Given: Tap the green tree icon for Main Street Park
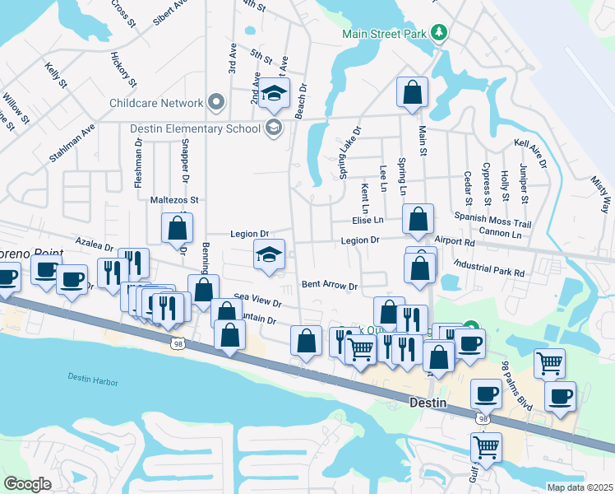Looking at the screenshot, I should click(441, 32).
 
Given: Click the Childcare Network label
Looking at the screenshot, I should click(156, 103).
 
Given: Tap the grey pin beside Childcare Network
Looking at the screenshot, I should click(216, 102).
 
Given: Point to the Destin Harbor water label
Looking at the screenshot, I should click(93, 382).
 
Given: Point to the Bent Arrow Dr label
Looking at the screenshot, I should click(330, 286).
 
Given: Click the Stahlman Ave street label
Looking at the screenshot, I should click(72, 143).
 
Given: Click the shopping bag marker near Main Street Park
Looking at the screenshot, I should click(412, 93).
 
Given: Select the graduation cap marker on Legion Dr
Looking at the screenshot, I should click(269, 255).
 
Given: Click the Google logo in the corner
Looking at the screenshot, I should click(27, 484).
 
